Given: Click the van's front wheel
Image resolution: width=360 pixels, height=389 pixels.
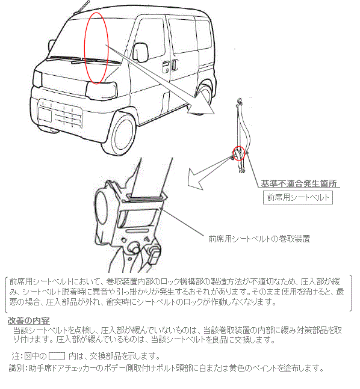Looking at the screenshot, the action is tap(119, 134).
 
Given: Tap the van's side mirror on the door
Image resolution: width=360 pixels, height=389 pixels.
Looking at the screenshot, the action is tap(140, 52).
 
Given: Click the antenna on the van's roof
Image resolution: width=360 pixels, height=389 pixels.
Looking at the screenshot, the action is tap(81, 7).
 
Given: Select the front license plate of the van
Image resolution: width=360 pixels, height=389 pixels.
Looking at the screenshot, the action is tap(45, 115).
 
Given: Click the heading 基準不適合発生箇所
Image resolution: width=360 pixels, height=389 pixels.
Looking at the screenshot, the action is tap(299, 183).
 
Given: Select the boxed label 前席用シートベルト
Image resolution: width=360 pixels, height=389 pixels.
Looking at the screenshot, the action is tap(297, 197).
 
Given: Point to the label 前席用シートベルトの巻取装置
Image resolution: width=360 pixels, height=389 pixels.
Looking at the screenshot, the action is tap(259, 239).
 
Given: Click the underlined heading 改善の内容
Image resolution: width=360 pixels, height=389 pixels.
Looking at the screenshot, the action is tap(28, 320).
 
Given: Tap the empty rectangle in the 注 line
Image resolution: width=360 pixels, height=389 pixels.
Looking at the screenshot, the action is tap(57, 356).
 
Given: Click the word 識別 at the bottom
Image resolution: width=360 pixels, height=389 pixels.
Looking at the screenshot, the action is tap(17, 368).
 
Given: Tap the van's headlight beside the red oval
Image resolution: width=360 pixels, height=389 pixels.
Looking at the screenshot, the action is tap(101, 90).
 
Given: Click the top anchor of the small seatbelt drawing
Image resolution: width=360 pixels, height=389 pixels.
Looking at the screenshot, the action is tap(240, 100).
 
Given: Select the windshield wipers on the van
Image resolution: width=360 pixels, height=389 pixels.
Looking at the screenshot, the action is tap(83, 60).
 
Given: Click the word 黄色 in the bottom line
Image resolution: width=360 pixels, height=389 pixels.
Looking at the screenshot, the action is tap(239, 368).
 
